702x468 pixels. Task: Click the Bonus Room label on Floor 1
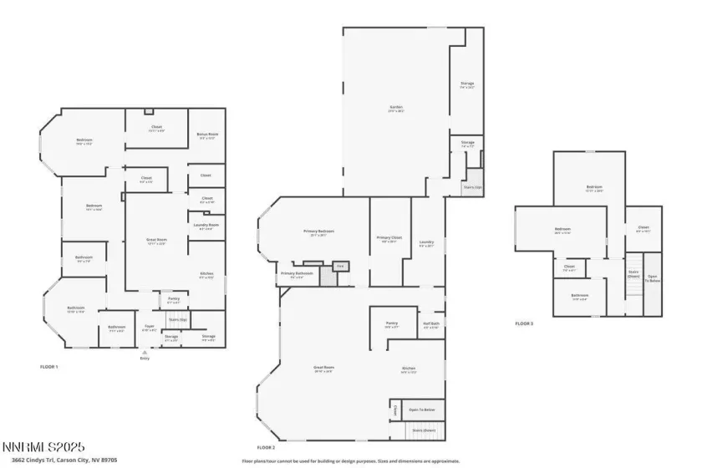click(207, 135)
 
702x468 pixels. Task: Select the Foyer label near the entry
click(150, 328)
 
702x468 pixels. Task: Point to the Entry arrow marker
click(145, 353)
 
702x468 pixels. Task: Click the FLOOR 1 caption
click(49, 367)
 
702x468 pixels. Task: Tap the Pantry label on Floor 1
click(173, 298)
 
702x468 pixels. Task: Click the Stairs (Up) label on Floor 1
click(177, 319)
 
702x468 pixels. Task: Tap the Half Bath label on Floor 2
click(431, 326)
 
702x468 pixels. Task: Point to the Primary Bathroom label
click(297, 273)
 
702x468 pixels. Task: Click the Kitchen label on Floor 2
click(409, 369)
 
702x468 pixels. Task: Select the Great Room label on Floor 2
click(323, 369)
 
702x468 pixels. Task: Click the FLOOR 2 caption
click(266, 448)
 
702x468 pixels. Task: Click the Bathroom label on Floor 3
click(580, 296)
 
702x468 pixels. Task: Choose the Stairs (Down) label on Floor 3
click(633, 274)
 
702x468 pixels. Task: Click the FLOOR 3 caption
click(523, 323)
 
